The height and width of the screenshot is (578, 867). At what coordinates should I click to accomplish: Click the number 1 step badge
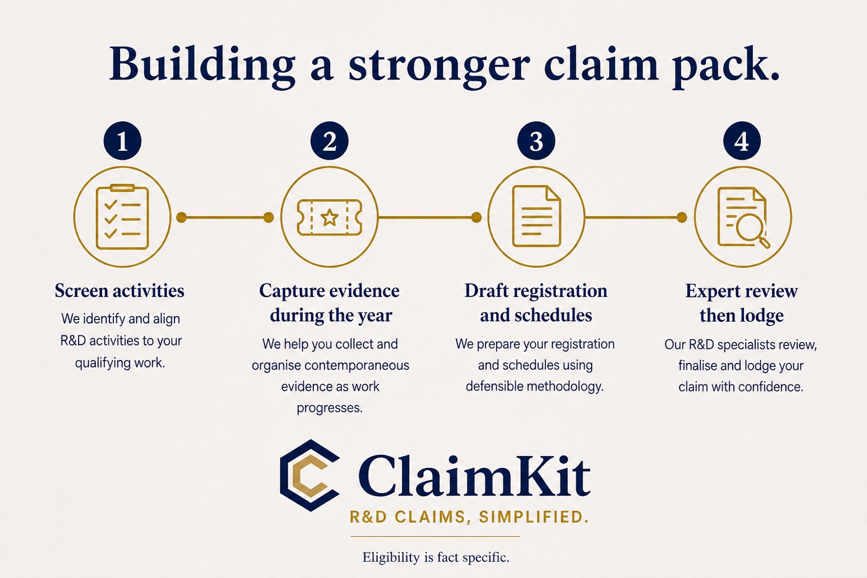(x=122, y=141)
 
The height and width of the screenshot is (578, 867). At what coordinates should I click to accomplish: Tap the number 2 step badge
(x=330, y=141)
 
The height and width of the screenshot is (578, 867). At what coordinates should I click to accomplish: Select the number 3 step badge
(x=536, y=141)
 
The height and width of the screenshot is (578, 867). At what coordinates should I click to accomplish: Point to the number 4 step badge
(x=742, y=141)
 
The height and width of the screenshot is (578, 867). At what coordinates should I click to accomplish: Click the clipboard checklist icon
(x=122, y=216)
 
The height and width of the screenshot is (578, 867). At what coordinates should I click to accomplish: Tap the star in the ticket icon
(x=330, y=217)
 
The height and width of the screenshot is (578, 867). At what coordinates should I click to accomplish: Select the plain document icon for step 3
(x=536, y=216)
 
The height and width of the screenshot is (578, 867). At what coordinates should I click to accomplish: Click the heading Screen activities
(x=120, y=291)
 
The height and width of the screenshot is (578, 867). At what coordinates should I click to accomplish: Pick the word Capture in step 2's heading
(x=292, y=291)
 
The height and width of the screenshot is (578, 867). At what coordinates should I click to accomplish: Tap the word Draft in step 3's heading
(x=487, y=291)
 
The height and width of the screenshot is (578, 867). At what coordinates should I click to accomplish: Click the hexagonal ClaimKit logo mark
(x=310, y=475)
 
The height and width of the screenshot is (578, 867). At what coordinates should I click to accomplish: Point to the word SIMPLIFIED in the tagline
(x=534, y=517)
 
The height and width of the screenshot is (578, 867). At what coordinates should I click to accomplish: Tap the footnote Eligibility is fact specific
(x=436, y=558)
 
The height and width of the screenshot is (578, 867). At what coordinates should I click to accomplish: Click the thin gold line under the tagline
(x=435, y=537)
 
